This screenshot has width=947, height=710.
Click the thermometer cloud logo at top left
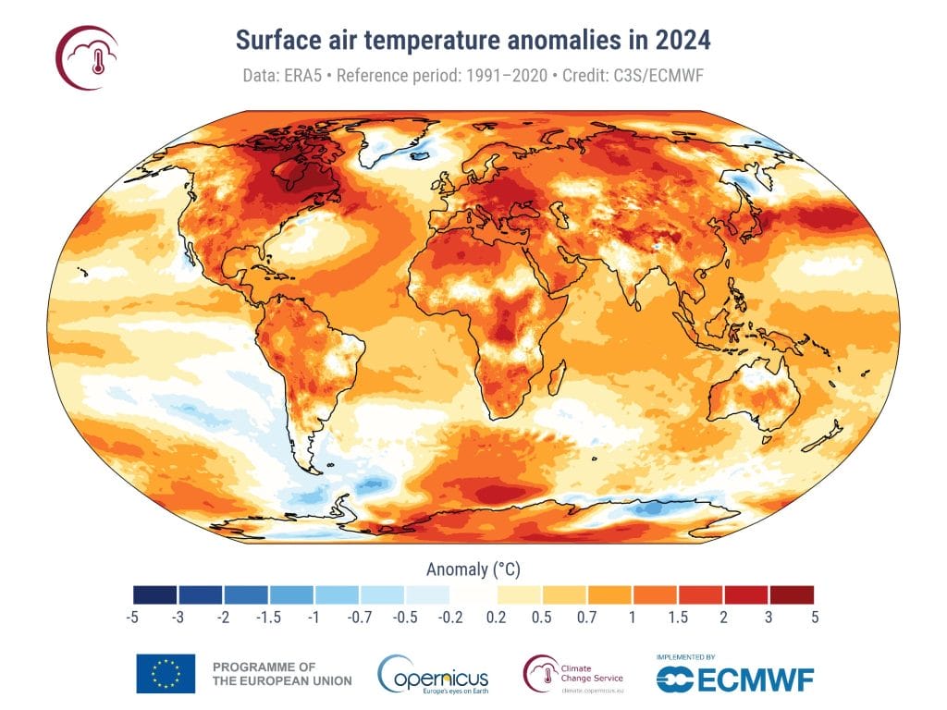[87, 58]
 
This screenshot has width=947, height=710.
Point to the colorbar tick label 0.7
[587, 617]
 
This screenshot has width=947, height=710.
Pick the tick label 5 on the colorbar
[814, 617]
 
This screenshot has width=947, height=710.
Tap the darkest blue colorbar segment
[155, 594]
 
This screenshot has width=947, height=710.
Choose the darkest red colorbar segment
[791, 594]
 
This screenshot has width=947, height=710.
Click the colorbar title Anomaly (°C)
[473, 567]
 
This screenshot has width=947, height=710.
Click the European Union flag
[166, 673]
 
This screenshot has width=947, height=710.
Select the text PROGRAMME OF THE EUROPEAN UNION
[281, 674]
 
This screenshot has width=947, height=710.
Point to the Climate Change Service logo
[573, 673]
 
